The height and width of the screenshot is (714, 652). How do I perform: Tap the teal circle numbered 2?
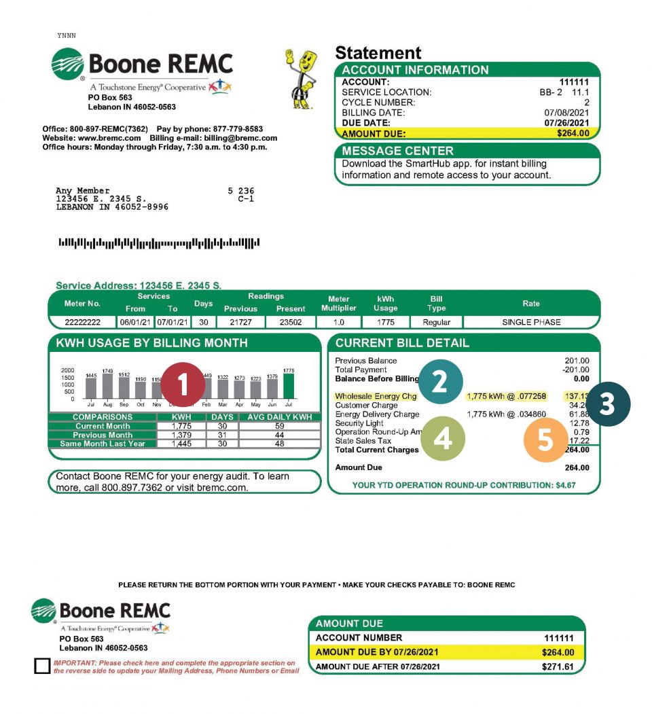[439, 382]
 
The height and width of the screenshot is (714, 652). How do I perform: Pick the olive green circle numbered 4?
[442, 439]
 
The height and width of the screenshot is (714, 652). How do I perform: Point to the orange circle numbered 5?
[545, 439]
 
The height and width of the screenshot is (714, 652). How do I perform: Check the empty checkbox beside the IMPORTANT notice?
[42, 666]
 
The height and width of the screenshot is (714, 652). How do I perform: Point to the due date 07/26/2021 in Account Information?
[566, 122]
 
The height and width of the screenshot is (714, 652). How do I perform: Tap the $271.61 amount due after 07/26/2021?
[558, 666]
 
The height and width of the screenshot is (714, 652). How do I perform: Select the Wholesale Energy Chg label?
[376, 396]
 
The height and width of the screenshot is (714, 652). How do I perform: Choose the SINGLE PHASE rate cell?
[531, 322]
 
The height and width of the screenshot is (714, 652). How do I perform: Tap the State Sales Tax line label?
[363, 441]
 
